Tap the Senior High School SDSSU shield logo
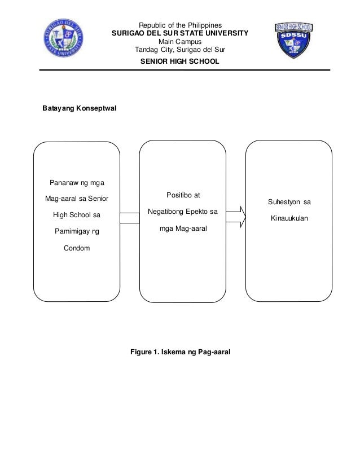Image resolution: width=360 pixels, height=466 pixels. click(293, 41)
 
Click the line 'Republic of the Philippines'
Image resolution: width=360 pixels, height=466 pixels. click(180, 25)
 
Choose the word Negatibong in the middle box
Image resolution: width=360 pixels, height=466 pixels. click(167, 212)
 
